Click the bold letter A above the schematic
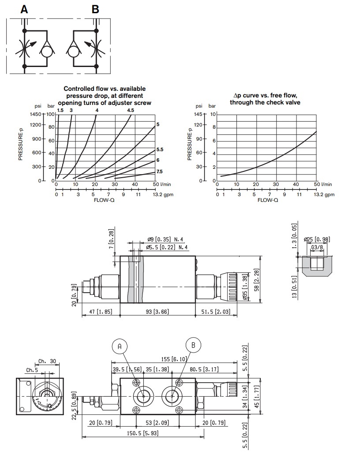[24, 9]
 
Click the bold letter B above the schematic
[95, 9]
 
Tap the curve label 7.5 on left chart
[160, 171]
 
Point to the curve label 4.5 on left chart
[131, 110]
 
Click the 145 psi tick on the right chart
[199, 114]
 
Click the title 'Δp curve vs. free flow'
[265, 96]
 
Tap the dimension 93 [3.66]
[157, 311]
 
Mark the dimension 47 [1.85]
[101, 311]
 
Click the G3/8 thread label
[317, 247]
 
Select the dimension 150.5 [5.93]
[143, 434]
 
